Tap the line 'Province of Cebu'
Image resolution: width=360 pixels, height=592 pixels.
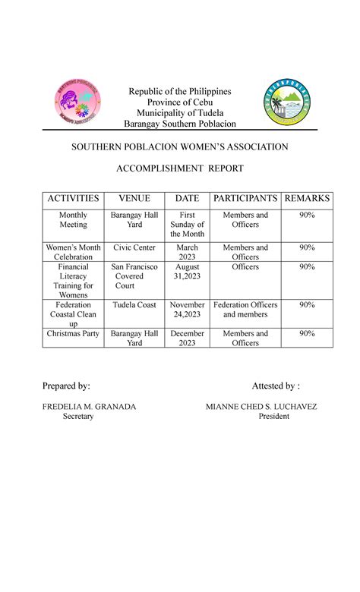(180, 102)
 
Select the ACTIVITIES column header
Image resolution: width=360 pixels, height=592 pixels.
(74, 199)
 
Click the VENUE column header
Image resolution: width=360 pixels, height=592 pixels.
(134, 199)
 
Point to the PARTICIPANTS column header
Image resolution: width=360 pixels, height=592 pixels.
(245, 199)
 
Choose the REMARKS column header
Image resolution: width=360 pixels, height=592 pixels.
(307, 199)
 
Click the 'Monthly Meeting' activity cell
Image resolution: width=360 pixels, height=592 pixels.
(74, 220)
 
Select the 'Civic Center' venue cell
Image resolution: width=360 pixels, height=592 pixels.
(134, 247)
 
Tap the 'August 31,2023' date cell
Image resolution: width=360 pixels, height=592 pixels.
(187, 272)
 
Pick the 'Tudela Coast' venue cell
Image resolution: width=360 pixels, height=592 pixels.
(134, 305)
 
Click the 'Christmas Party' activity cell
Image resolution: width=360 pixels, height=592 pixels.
(74, 334)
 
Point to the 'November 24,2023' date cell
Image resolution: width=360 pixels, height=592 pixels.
(187, 310)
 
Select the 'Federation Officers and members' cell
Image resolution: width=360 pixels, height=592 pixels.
(245, 310)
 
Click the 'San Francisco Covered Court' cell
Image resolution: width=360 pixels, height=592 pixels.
(134, 276)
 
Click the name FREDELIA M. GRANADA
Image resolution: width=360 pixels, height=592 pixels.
(89, 407)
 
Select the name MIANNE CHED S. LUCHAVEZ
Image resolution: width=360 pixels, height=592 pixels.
(261, 407)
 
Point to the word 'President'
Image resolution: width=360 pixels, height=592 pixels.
(273, 417)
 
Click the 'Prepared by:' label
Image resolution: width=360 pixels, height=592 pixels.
(66, 386)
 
